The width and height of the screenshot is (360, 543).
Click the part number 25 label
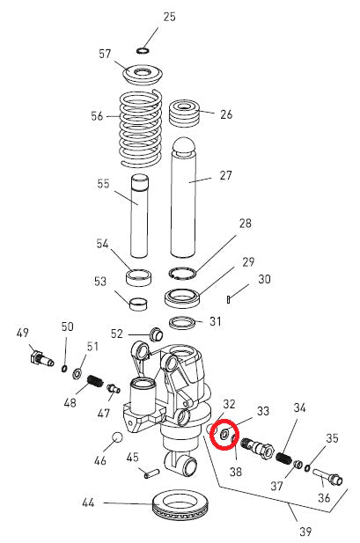(169, 17)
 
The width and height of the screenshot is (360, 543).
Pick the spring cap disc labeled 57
(142, 72)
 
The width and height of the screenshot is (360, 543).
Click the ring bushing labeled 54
(137, 279)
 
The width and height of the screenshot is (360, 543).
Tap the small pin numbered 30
(228, 299)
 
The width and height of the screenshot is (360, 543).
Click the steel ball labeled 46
(115, 438)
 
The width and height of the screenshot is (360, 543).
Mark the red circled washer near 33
(224, 434)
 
